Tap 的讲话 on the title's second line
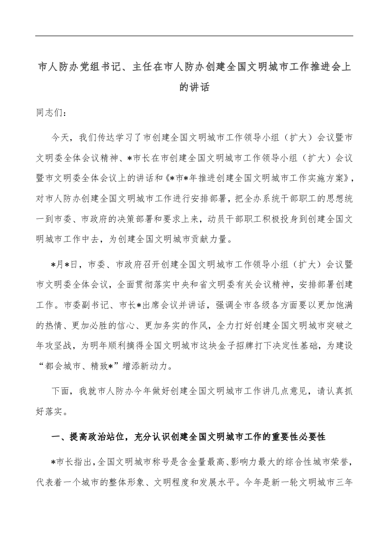194,88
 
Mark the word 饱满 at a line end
341,305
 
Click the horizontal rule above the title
194,36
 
